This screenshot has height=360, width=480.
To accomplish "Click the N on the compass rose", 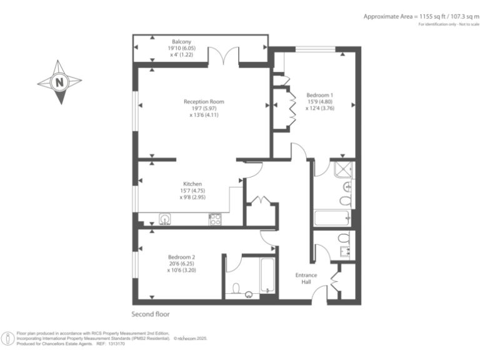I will [x=59, y=81].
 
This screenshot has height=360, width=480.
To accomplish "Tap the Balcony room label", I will [x=181, y=42].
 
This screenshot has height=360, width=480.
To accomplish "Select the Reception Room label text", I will [x=204, y=101].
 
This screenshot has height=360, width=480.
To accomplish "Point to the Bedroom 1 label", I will [x=320, y=95].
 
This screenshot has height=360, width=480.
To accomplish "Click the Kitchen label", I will [x=192, y=184].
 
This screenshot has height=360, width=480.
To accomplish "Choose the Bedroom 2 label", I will [x=181, y=257].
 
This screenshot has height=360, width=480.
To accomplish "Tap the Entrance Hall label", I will [x=306, y=279].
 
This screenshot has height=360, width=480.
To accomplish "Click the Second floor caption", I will [x=150, y=314].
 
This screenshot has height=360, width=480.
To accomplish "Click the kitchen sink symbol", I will [x=165, y=219].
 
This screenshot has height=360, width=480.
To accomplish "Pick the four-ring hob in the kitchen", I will [x=214, y=219].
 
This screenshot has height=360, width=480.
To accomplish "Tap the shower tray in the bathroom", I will [x=344, y=169].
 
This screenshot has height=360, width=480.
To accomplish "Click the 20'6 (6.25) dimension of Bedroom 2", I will [x=181, y=264].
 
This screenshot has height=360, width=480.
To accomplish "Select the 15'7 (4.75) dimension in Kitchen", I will [x=192, y=191].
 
